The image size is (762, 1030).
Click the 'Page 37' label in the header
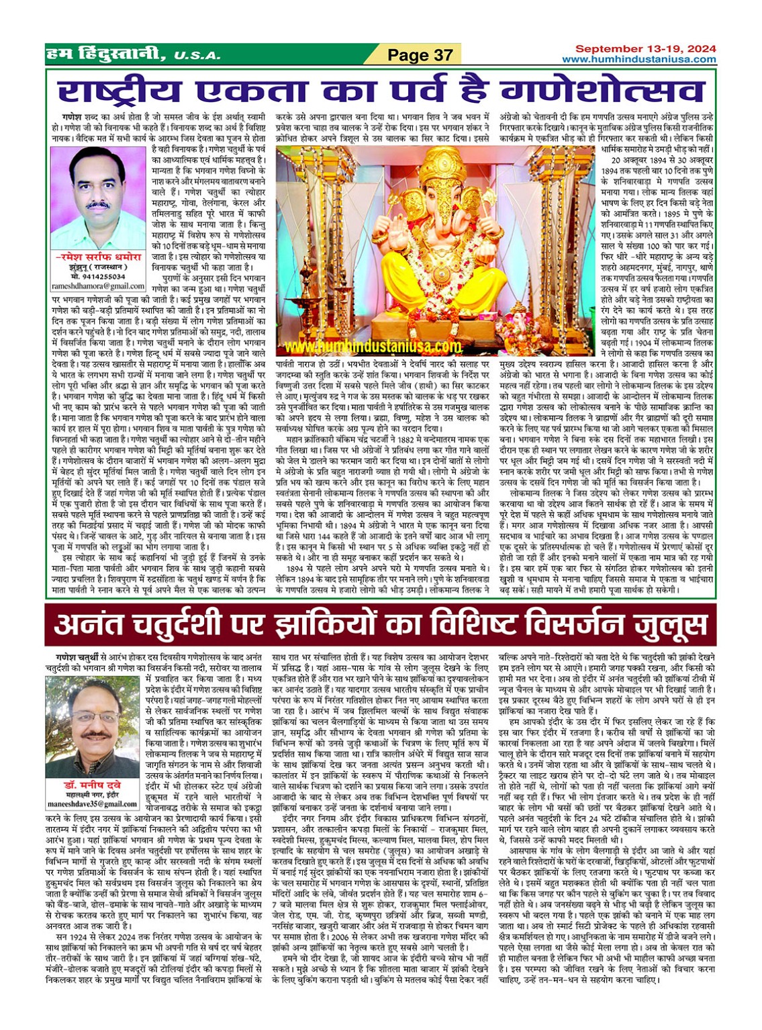coord(421,55)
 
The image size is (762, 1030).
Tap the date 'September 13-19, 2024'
coord(645,49)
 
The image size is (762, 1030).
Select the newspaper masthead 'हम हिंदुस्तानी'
coord(104,54)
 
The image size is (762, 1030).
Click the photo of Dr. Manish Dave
coord(93,726)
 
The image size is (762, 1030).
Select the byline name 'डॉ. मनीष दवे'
coord(92,785)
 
